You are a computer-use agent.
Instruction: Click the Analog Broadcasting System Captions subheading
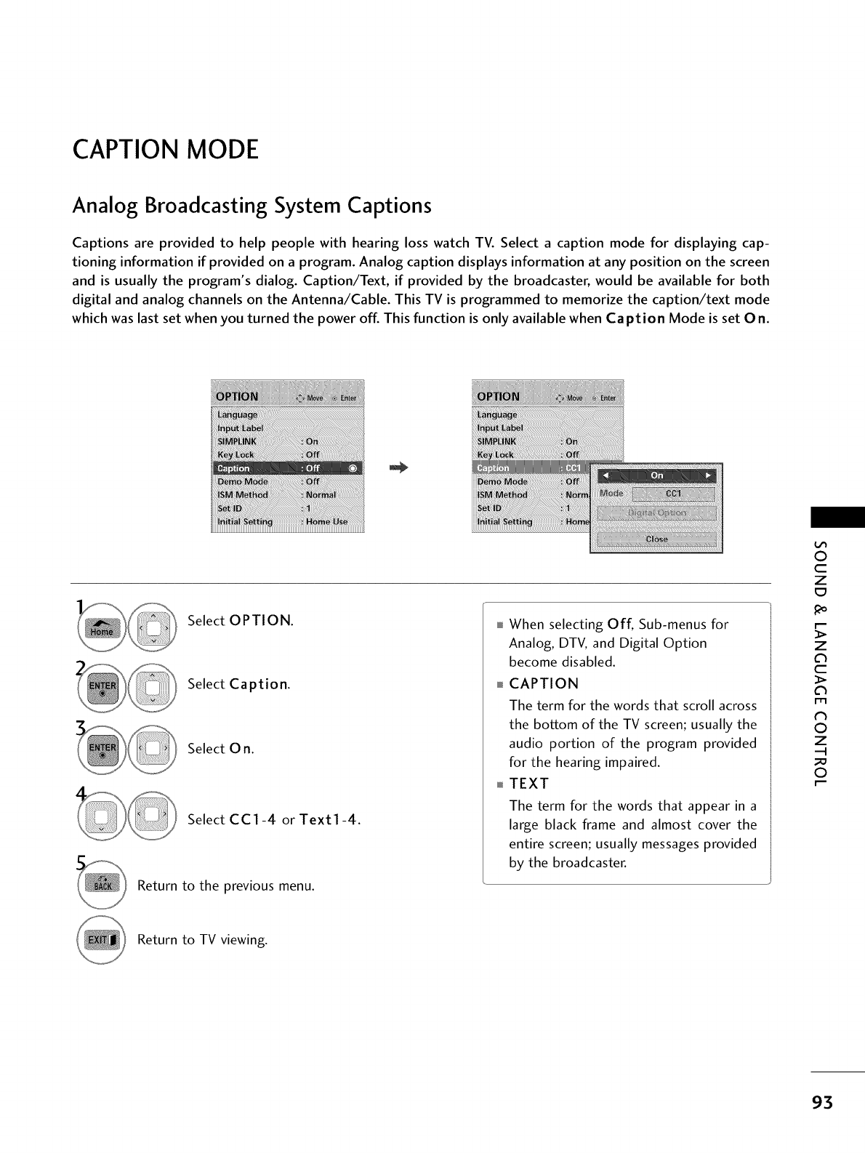(252, 206)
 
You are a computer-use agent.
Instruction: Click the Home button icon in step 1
(101, 627)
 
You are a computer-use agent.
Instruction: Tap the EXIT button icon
(101, 939)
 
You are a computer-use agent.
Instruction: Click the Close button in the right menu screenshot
(656, 539)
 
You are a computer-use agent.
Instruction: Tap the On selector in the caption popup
(656, 475)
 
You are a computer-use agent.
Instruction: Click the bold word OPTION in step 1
(260, 621)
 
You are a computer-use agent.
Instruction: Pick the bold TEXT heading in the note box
(529, 783)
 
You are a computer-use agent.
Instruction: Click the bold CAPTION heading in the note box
(544, 683)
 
